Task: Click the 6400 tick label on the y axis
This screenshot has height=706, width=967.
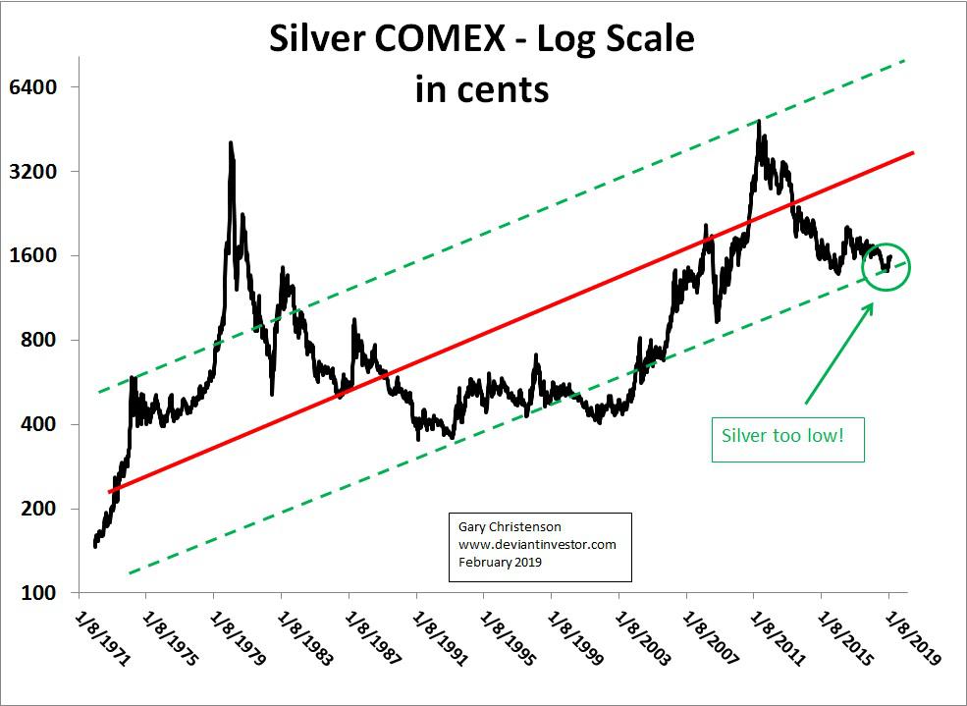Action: pos(33,86)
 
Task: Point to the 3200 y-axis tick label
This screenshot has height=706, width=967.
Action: pos(33,171)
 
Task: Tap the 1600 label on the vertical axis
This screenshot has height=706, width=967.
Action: pos(33,255)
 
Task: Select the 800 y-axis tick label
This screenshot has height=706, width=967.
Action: pos(37,340)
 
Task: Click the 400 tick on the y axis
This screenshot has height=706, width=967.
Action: pos(37,424)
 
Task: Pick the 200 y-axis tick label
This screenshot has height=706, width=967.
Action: pos(37,509)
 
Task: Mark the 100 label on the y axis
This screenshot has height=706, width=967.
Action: pos(37,592)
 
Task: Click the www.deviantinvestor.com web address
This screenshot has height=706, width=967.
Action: pos(537,545)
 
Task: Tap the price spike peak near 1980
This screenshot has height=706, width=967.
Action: pos(230,143)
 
